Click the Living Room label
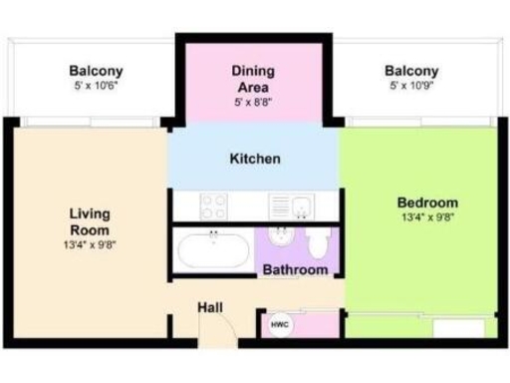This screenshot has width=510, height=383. (x=90, y=220)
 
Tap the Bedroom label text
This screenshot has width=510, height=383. (x=428, y=202)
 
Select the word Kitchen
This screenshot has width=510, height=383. (x=255, y=159)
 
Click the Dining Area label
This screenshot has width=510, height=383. (x=253, y=79)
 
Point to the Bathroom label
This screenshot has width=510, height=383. (x=295, y=269)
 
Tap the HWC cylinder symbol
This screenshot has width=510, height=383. (x=280, y=323)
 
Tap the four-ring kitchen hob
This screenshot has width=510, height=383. (x=213, y=206)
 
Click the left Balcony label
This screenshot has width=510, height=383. (x=96, y=71)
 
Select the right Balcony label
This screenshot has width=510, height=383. (x=411, y=71)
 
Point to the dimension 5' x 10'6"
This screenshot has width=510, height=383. (x=96, y=87)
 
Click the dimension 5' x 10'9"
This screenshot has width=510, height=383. (x=411, y=87)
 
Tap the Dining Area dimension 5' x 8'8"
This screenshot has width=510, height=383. (x=253, y=102)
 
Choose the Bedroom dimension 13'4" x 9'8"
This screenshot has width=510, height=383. (x=428, y=217)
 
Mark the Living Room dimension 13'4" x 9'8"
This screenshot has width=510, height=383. (x=90, y=242)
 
